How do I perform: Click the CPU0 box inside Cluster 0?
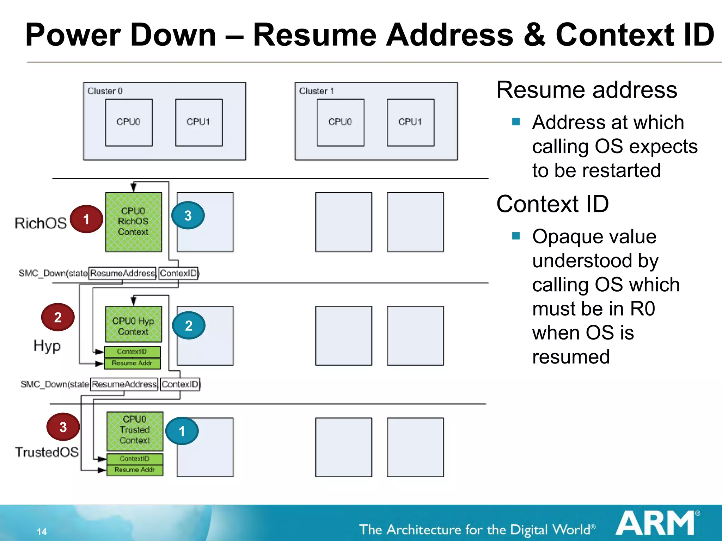coord(129,122)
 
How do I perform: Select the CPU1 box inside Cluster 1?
coord(410,122)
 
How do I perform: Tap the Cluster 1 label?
coord(316,91)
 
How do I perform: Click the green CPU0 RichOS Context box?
coord(133,222)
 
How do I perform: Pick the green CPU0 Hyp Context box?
coord(133,324)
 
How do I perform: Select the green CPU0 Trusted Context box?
coord(135,431)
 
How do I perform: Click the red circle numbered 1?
coord(86,219)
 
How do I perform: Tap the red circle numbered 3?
coord(63,427)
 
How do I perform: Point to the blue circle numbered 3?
coord(188,215)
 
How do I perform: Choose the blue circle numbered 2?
coord(189,325)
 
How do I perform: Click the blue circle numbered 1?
coord(182,431)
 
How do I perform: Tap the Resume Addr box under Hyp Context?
coord(133,363)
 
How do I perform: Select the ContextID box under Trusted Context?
coord(135,459)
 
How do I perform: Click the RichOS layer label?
coord(41,223)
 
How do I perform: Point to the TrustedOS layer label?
coord(47,452)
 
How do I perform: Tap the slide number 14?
coord(42,531)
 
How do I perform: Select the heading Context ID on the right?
coord(552,204)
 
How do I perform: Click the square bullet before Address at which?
coord(516,122)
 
